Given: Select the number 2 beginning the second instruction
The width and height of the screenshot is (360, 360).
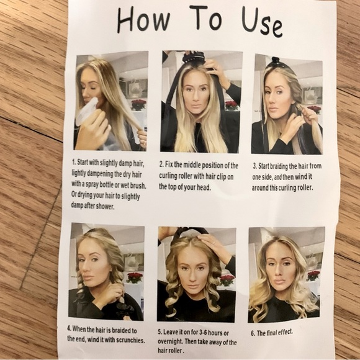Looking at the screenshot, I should (161, 165).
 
